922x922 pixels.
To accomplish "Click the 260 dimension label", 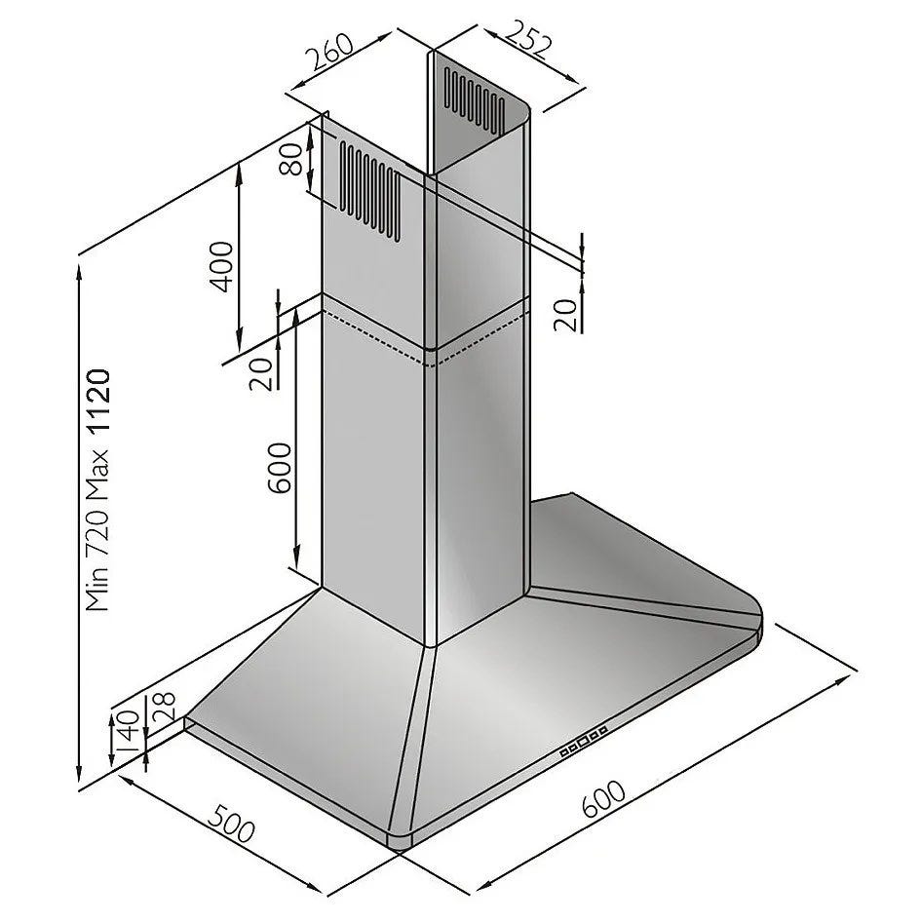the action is (330, 53).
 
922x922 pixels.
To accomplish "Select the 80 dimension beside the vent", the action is (291, 159).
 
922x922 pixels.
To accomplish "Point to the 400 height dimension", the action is (222, 266).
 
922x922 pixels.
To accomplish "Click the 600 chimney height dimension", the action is (279, 468).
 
